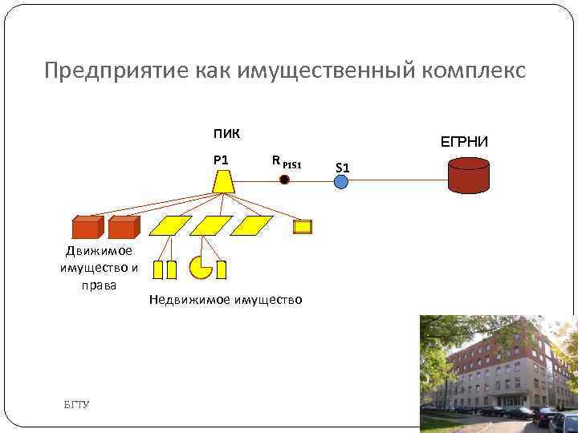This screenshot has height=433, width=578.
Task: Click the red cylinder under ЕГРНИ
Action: [x=469, y=176]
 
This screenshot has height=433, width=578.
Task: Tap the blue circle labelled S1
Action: [x=341, y=182]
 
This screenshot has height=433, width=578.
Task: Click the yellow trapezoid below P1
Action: [x=223, y=181]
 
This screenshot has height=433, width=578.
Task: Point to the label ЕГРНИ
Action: [x=463, y=142]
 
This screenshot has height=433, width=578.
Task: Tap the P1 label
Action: [x=221, y=159]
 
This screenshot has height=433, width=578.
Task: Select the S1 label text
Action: [x=342, y=168]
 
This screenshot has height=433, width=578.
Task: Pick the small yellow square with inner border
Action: [x=302, y=227]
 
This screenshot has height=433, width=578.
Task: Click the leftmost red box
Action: [x=87, y=228]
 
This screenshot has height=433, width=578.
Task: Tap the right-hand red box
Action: [x=123, y=228]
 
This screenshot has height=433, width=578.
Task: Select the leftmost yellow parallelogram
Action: [x=172, y=225]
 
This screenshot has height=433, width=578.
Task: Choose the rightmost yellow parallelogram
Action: [x=253, y=225]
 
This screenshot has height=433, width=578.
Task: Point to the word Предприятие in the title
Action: [x=116, y=71]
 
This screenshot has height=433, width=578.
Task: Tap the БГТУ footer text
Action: [x=77, y=403]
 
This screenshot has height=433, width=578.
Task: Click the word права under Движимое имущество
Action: [x=100, y=284]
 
